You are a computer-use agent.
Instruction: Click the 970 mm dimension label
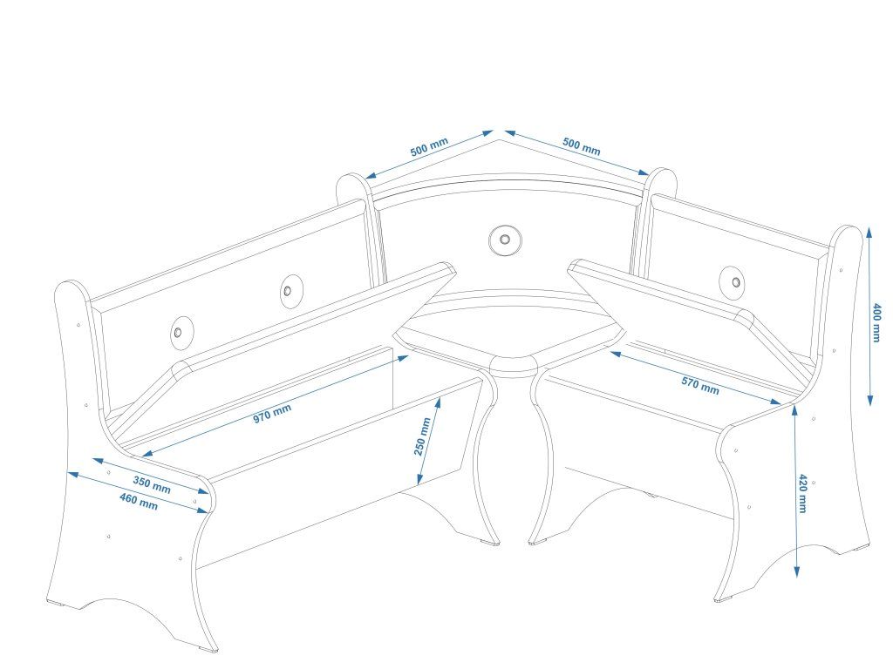click(272, 412)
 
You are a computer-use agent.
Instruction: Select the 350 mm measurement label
click(152, 484)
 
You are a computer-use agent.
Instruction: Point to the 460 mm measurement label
click(138, 502)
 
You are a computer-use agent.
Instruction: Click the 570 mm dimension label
click(699, 383)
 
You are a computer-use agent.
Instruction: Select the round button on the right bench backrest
click(735, 281)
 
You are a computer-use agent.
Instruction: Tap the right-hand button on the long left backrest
click(290, 289)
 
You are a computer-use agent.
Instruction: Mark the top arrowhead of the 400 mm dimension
click(869, 232)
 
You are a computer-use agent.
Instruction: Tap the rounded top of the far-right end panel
click(848, 233)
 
